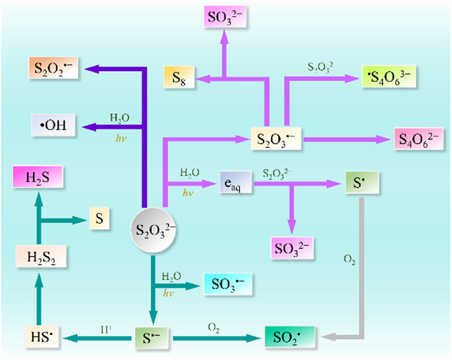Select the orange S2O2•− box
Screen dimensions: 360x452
(54, 68)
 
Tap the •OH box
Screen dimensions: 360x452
(54, 124)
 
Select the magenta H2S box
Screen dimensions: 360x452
(39, 176)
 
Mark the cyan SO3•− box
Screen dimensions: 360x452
(225, 284)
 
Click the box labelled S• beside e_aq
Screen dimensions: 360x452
(358, 183)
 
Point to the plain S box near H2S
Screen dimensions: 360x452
(99, 220)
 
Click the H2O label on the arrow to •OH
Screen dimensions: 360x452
(118, 117)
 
